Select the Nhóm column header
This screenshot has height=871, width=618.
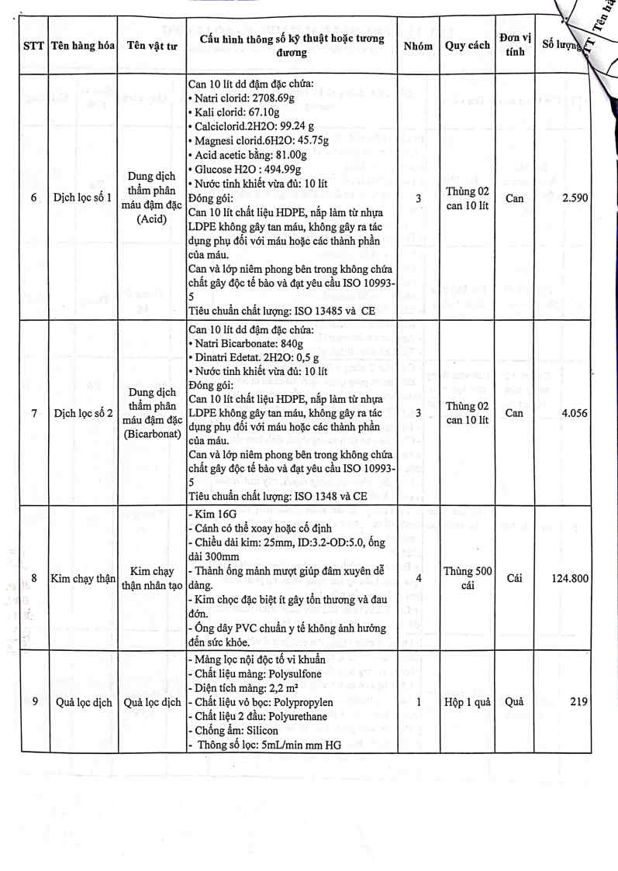click(x=418, y=46)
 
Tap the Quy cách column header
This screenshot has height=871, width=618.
click(x=467, y=46)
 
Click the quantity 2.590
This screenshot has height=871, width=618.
click(x=574, y=198)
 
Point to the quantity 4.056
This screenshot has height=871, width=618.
click(x=574, y=413)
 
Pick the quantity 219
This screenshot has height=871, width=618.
click(x=578, y=702)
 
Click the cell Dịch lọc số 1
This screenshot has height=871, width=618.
click(x=82, y=198)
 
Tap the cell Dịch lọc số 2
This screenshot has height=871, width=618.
click(x=82, y=413)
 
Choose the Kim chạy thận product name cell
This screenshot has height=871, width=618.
click(x=82, y=578)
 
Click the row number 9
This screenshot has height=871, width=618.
click(x=33, y=702)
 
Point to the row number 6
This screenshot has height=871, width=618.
click(x=33, y=198)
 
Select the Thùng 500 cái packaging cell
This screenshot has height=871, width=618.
click(x=467, y=578)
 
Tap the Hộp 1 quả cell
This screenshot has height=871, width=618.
click(x=467, y=702)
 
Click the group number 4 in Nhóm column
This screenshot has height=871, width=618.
click(x=418, y=578)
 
